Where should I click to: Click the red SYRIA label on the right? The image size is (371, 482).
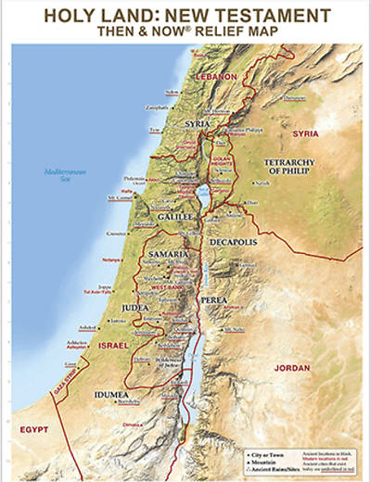[305, 133]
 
